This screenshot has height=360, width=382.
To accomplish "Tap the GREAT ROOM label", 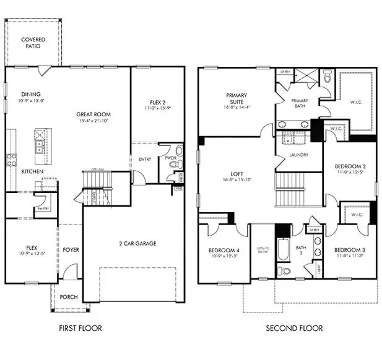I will click(93, 114).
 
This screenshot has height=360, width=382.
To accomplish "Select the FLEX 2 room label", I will click(157, 103).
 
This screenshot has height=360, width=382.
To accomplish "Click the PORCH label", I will click(68, 297).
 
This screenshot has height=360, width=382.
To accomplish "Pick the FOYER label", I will click(71, 250).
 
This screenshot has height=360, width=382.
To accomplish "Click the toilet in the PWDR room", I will click(180, 150).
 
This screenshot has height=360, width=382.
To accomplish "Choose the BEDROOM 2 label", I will click(350, 166).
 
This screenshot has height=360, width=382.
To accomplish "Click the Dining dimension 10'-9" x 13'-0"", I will click(28, 100).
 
